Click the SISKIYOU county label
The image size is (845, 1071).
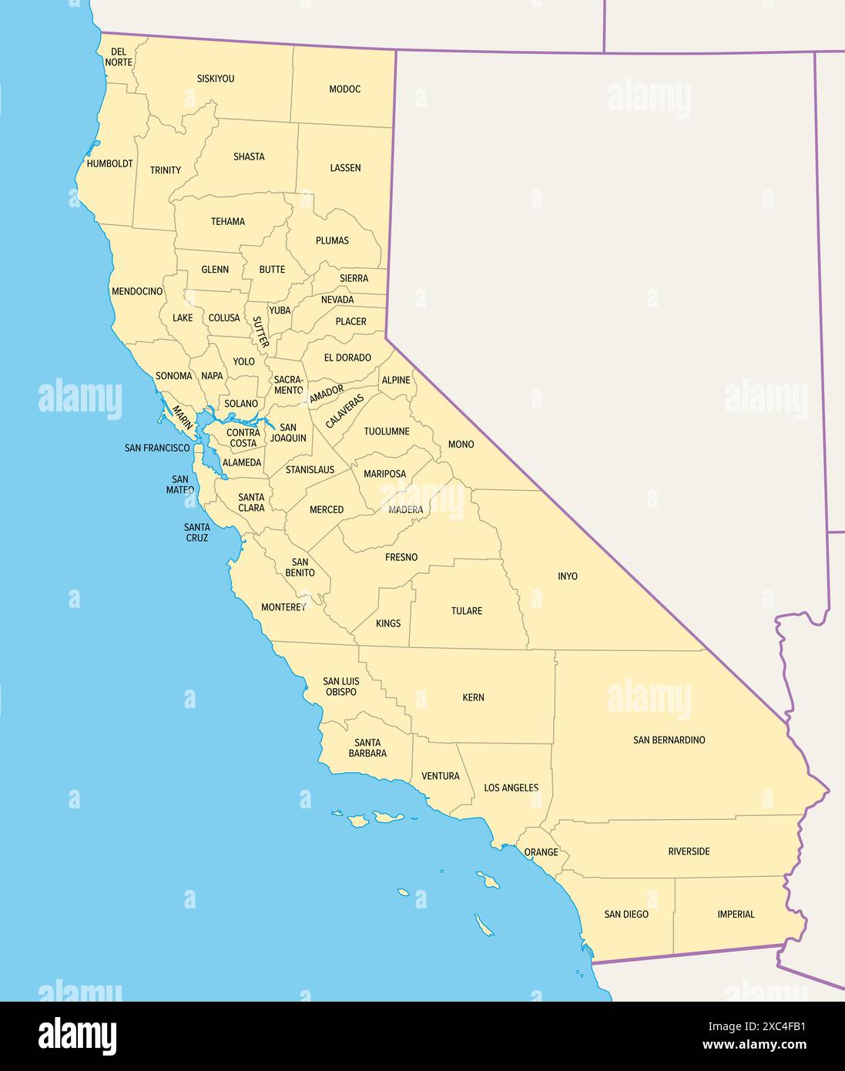(216, 79)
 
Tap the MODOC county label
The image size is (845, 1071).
(344, 89)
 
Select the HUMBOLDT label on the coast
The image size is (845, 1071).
(109, 164)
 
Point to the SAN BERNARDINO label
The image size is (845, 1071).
(669, 740)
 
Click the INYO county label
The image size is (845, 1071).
(568, 576)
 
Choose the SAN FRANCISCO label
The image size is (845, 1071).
(157, 448)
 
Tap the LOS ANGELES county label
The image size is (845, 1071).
(511, 788)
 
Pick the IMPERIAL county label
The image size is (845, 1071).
(736, 915)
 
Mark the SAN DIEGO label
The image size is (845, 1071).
(626, 915)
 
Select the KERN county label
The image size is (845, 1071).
(473, 697)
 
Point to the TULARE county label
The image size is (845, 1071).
(467, 611)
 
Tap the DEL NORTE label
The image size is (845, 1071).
(119, 56)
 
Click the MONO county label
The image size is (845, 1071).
(461, 445)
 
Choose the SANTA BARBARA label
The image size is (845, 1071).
(367, 747)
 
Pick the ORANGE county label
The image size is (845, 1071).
(541, 853)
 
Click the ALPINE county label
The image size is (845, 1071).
(396, 381)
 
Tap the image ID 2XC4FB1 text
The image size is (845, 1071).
(766, 1026)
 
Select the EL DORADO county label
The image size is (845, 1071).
(347, 358)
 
